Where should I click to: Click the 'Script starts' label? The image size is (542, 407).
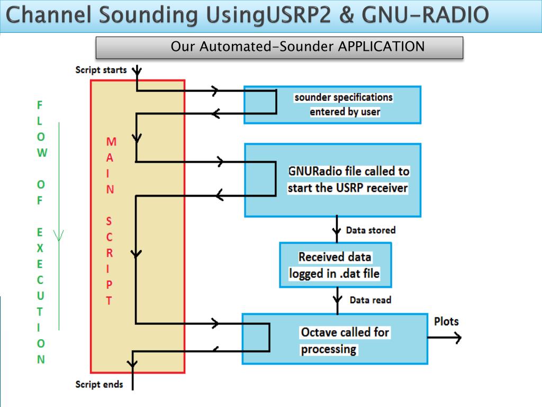tap(101, 70)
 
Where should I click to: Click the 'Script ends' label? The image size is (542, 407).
tap(99, 384)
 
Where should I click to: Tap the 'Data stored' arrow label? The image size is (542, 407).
tap(371, 230)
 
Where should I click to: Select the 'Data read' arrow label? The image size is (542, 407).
tap(371, 300)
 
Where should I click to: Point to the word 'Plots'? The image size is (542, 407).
tap(446, 322)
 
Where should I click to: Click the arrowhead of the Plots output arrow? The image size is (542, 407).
tap(458, 338)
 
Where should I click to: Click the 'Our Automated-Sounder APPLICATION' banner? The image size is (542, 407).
tap(279, 48)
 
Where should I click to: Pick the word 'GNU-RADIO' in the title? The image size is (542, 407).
tap(425, 15)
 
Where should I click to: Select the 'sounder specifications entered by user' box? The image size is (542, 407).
tap(332, 105)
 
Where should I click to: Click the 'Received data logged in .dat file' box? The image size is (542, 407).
tap(335, 265)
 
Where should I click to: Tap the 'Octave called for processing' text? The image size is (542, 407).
tap(345, 341)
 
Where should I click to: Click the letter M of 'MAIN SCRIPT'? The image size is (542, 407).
tap(111, 142)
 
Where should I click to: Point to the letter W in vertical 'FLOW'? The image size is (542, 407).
tap(42, 153)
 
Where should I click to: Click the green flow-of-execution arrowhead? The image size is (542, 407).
tap(58, 235)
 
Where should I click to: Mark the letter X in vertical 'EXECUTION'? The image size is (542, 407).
tap(40, 248)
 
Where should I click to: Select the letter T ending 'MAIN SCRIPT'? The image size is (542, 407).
tap(109, 301)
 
